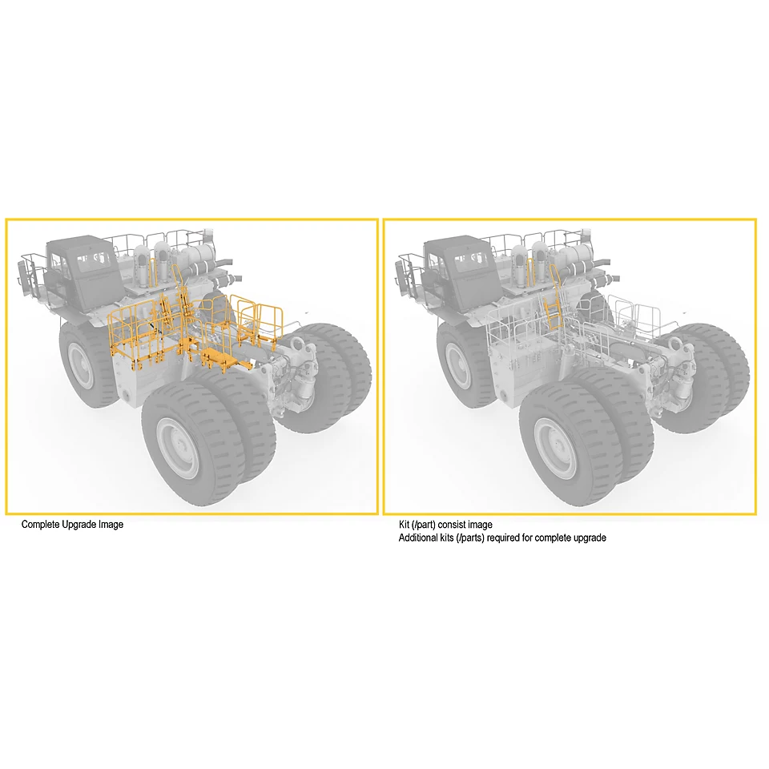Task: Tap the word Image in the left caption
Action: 111,525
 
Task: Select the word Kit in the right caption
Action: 404,524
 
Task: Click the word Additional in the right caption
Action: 417,537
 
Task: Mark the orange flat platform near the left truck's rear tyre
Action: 223,357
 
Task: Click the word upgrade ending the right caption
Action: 589,538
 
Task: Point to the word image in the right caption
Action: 480,525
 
